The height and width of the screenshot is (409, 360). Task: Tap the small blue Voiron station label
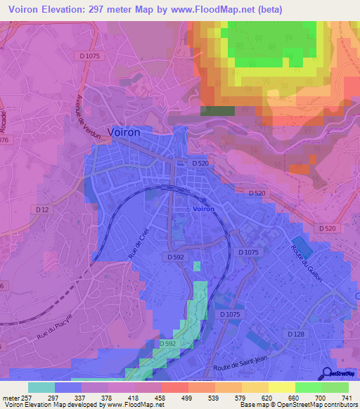coord(203,209)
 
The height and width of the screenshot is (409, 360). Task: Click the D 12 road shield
coord(44,209)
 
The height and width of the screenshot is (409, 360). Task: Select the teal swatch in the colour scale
coord(41,387)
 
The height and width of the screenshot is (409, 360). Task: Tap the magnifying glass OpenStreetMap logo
coord(328,373)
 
